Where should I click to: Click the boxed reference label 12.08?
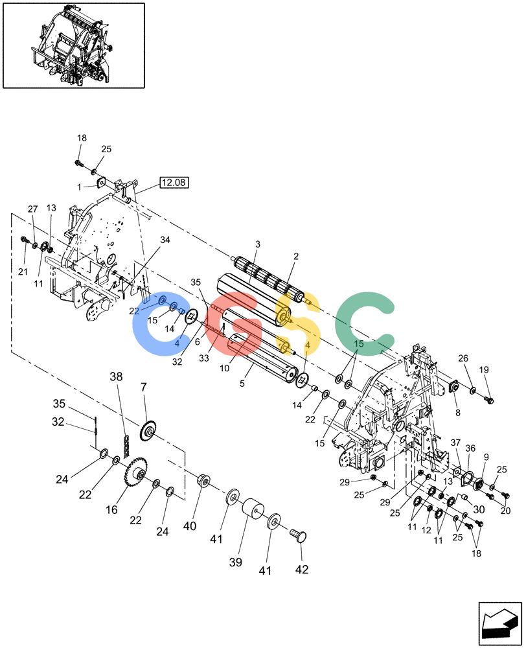174,182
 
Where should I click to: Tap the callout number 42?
302,570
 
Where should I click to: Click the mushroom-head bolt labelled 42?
299,535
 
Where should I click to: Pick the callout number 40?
190,526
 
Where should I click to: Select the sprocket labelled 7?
149,431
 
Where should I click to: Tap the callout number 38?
116,376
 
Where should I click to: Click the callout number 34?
165,240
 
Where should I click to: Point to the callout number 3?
258,244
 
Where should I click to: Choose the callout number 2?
296,256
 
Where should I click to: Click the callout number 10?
224,368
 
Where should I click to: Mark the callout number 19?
484,369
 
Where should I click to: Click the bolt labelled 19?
488,400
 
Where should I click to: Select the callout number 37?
455,443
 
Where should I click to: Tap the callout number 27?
32,209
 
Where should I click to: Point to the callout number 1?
79,187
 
